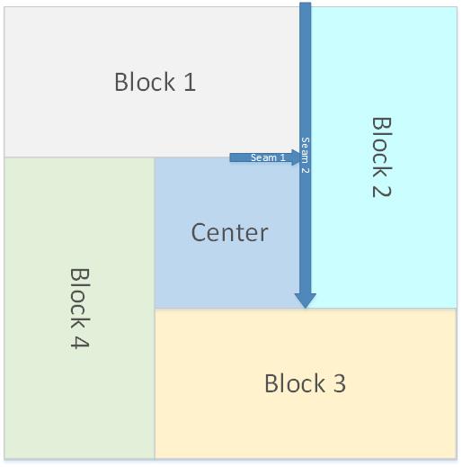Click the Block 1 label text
pyautogui.click(x=155, y=82)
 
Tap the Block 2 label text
pyautogui.click(x=382, y=157)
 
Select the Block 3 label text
pyautogui.click(x=305, y=383)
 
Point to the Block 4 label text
pyautogui.click(x=80, y=309)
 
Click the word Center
pyautogui.click(x=229, y=232)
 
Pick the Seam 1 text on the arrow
pyautogui.click(x=268, y=157)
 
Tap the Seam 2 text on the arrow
pyautogui.click(x=305, y=155)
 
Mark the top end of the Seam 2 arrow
pyautogui.click(x=306, y=3)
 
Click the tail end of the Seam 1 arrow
pyautogui.click(x=230, y=157)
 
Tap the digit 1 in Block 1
pyautogui.click(x=190, y=82)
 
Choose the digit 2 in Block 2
pyautogui.click(x=382, y=188)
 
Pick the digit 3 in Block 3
pyautogui.click(x=340, y=383)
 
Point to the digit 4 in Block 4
pyautogui.click(x=80, y=340)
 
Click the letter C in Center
pyautogui.click(x=199, y=232)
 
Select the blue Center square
pyautogui.click(x=227, y=233)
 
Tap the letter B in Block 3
pyautogui.click(x=271, y=383)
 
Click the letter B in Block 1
pyautogui.click(x=120, y=82)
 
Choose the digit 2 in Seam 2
pyautogui.click(x=305, y=170)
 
